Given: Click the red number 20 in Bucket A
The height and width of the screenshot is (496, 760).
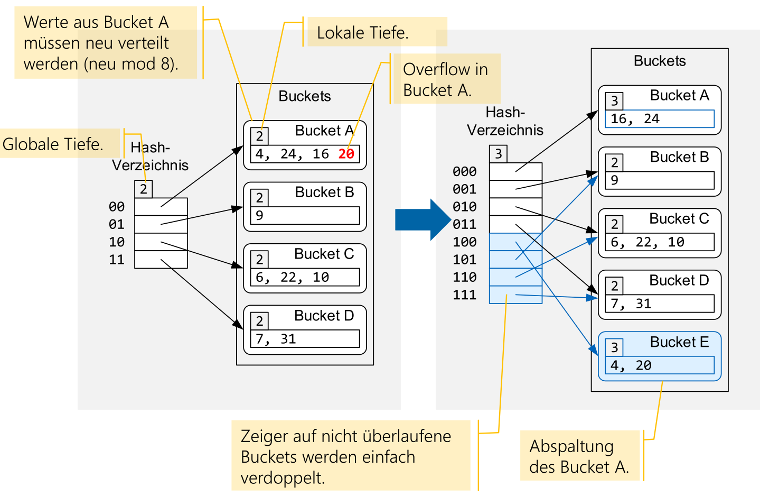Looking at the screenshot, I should tap(346, 154).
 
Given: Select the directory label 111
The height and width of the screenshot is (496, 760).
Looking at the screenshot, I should tap(465, 295).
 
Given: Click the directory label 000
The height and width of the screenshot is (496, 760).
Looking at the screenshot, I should tap(465, 172).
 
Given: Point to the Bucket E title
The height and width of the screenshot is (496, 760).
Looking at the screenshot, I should tap(679, 342).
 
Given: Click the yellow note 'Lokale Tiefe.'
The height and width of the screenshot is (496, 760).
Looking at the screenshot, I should tap(363, 33).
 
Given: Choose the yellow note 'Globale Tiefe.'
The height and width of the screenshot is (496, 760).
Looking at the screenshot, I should tap(53, 144).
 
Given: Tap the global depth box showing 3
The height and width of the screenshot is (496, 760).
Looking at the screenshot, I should tap(498, 154).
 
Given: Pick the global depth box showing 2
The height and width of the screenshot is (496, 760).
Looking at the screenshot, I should tap(144, 189).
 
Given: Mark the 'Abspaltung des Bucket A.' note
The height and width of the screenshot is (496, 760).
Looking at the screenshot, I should tap(579, 456).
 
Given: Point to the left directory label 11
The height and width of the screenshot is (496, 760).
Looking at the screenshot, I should tap(117, 260).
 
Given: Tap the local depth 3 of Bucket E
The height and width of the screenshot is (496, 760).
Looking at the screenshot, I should tap(614, 347).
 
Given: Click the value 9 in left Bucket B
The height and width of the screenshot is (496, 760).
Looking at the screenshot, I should tap(259, 216).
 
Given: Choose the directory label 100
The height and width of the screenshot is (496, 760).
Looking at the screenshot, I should tap(465, 242).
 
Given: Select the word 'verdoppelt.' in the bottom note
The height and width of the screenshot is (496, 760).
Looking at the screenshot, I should tap(283, 478).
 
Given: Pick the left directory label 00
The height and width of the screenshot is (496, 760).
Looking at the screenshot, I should tap(117, 207).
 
